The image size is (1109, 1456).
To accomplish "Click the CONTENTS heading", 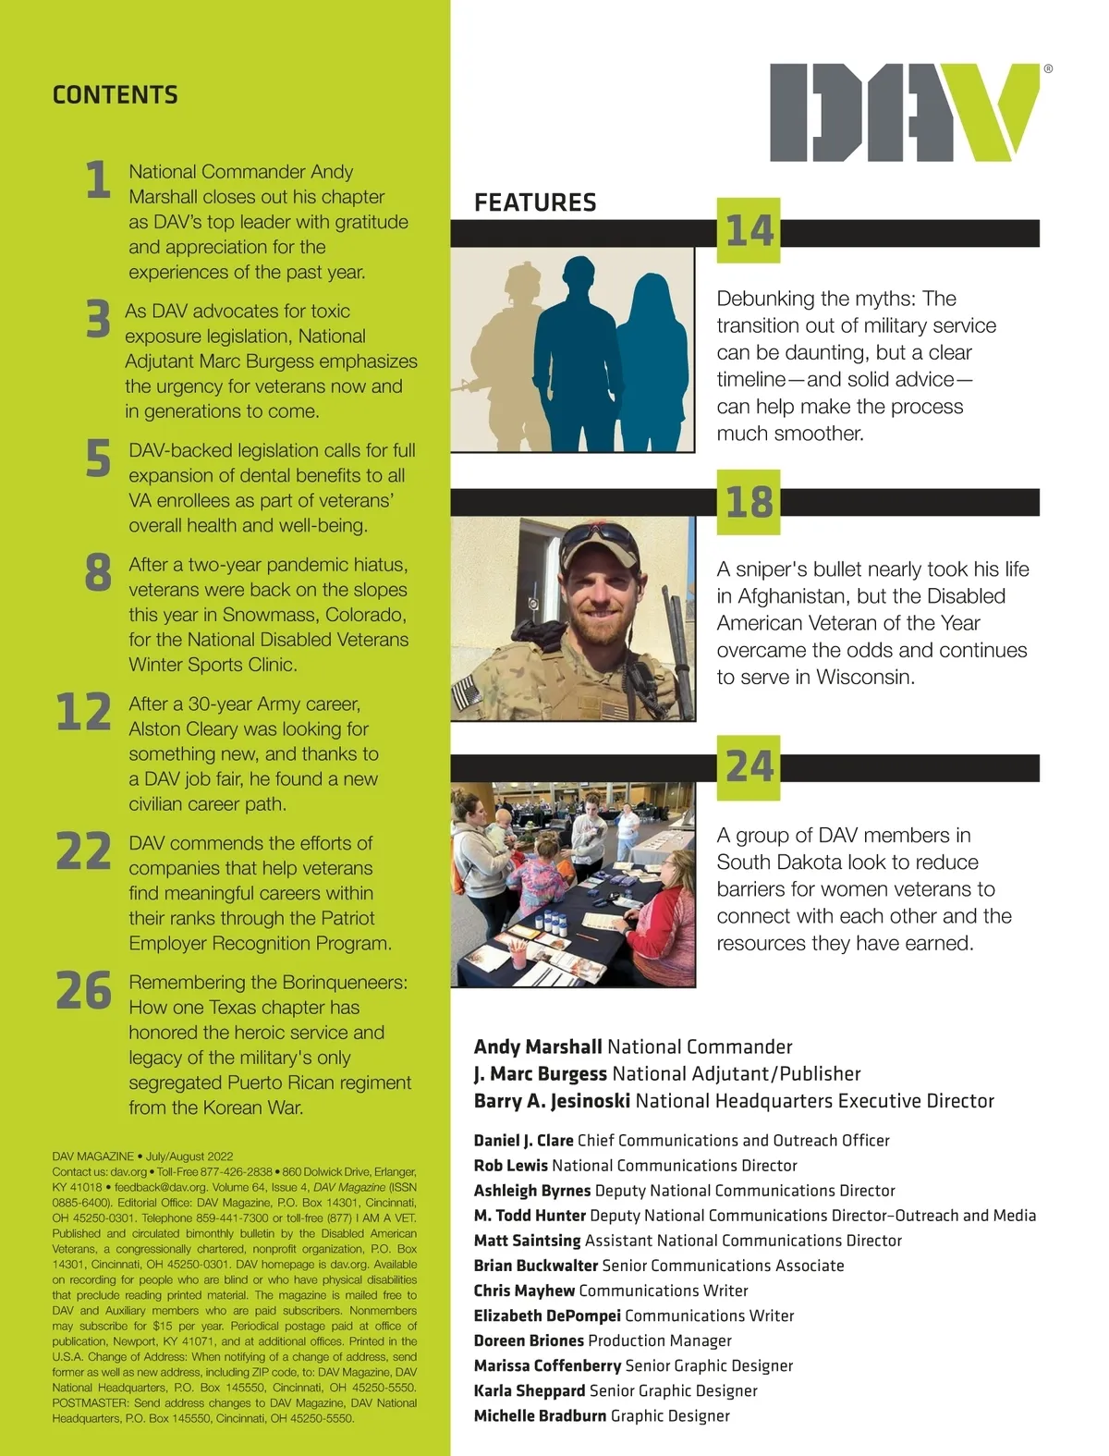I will pyautogui.click(x=116, y=95).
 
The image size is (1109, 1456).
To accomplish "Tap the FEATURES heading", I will pyautogui.click(x=535, y=203).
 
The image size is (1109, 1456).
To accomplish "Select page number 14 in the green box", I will pyautogui.click(x=749, y=231).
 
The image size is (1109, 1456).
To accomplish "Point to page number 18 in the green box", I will pyautogui.click(x=749, y=503).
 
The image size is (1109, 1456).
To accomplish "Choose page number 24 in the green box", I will pyautogui.click(x=749, y=767).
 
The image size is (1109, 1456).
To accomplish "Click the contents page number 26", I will pyautogui.click(x=83, y=991).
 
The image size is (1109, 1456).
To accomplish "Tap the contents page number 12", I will pyautogui.click(x=83, y=713).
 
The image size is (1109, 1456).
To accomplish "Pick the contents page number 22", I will pyautogui.click(x=83, y=851).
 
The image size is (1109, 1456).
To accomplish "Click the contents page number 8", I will pyautogui.click(x=98, y=573).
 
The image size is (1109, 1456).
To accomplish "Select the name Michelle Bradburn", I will pyautogui.click(x=540, y=1416).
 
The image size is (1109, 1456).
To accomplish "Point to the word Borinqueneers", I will pyautogui.click(x=345, y=983).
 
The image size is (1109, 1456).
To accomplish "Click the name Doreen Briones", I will pyautogui.click(x=529, y=1340).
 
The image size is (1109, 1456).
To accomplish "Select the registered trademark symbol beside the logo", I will pyautogui.click(x=1047, y=69).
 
